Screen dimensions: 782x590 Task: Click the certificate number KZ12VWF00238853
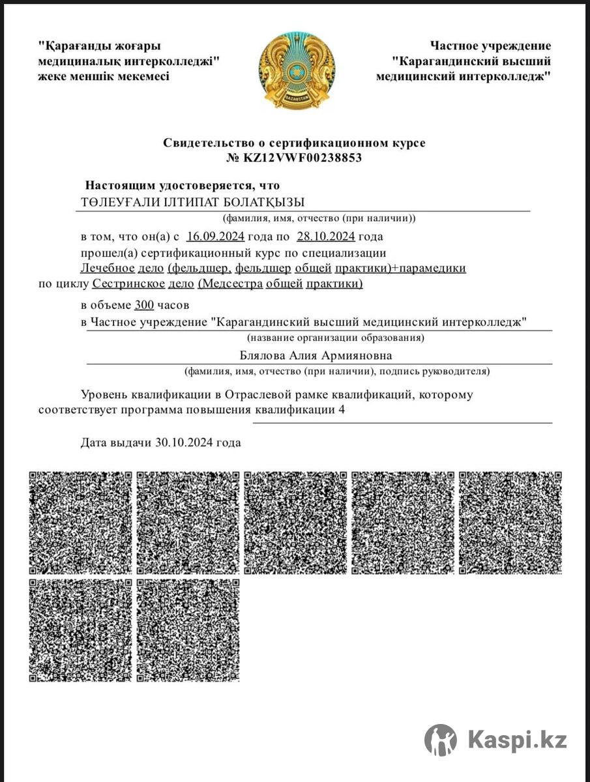302,158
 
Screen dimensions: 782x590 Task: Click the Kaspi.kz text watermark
518,740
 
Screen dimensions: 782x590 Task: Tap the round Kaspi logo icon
441,740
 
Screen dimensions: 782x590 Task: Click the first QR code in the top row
80,523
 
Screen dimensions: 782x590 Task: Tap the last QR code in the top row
510,523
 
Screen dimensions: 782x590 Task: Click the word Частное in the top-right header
454,46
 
